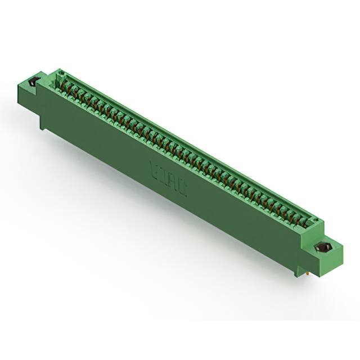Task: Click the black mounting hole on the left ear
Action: pyautogui.click(x=31, y=83)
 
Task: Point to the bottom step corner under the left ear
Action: pyautogui.click(x=42, y=127)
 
